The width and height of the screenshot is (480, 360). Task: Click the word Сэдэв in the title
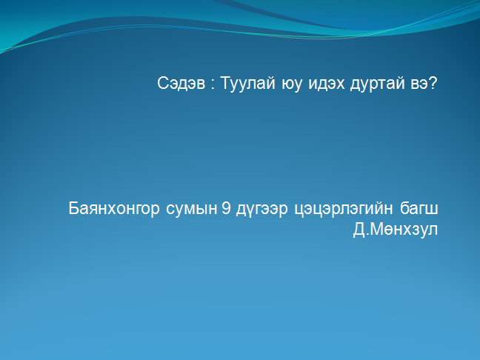[181, 83]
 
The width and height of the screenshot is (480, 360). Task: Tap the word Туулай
[247, 83]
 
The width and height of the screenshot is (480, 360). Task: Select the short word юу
[292, 84]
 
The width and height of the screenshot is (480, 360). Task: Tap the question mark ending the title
[433, 83]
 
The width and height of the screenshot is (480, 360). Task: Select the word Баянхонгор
[114, 208]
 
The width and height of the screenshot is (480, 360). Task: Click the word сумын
[192, 209]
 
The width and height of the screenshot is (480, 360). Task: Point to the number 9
[226, 208]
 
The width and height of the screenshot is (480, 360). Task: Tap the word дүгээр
[261, 210]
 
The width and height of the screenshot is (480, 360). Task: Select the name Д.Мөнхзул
[396, 230]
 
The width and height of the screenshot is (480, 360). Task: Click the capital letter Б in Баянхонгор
[74, 208]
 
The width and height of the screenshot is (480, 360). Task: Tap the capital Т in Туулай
[226, 83]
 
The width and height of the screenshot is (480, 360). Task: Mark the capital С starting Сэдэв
[163, 83]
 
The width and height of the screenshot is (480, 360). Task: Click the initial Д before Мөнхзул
[359, 230]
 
